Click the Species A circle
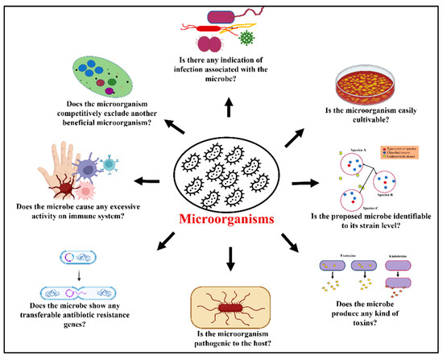(x=337, y=163)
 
